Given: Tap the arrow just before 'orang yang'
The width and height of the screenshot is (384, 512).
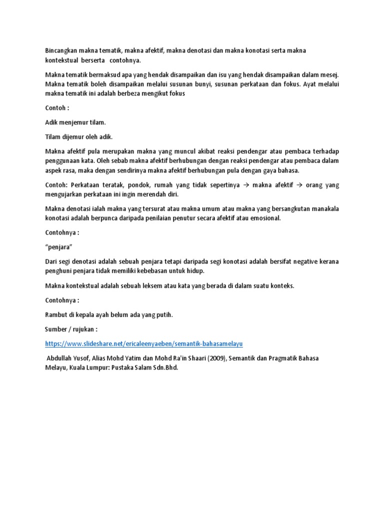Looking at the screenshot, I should coord(301,185).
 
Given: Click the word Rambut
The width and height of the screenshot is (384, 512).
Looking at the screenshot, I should coord(57,314).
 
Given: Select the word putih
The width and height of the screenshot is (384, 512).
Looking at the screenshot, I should coord(164,314).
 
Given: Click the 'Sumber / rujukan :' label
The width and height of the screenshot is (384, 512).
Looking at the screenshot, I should coord(71,329).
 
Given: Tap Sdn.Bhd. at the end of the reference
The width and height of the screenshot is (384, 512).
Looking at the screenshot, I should coord(163,367).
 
